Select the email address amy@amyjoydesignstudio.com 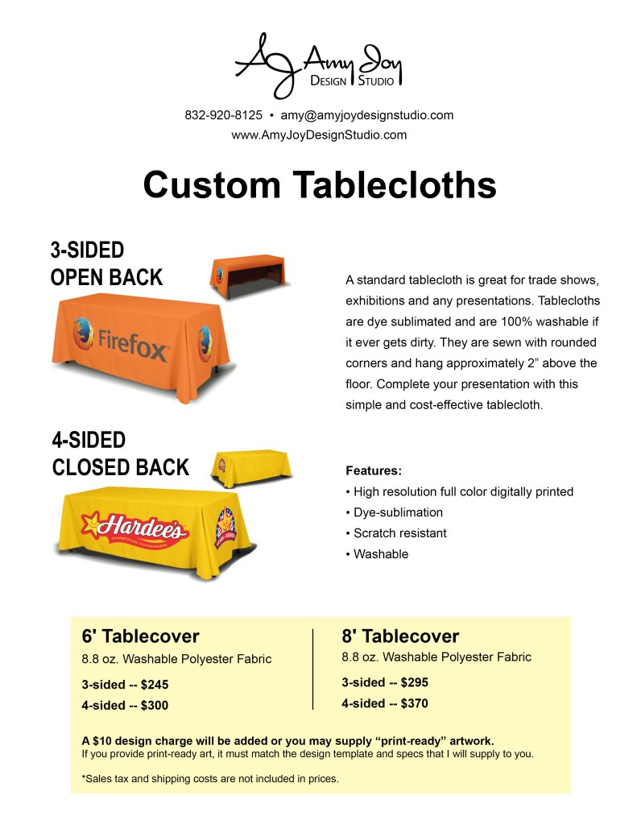(x=366, y=114)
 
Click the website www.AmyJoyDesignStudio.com (x=319, y=135)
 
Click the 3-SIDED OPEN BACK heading (x=106, y=264)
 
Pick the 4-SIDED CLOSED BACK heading (x=120, y=453)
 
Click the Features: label (x=373, y=470)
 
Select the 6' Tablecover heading (x=140, y=636)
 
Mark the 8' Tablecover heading (x=400, y=636)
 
